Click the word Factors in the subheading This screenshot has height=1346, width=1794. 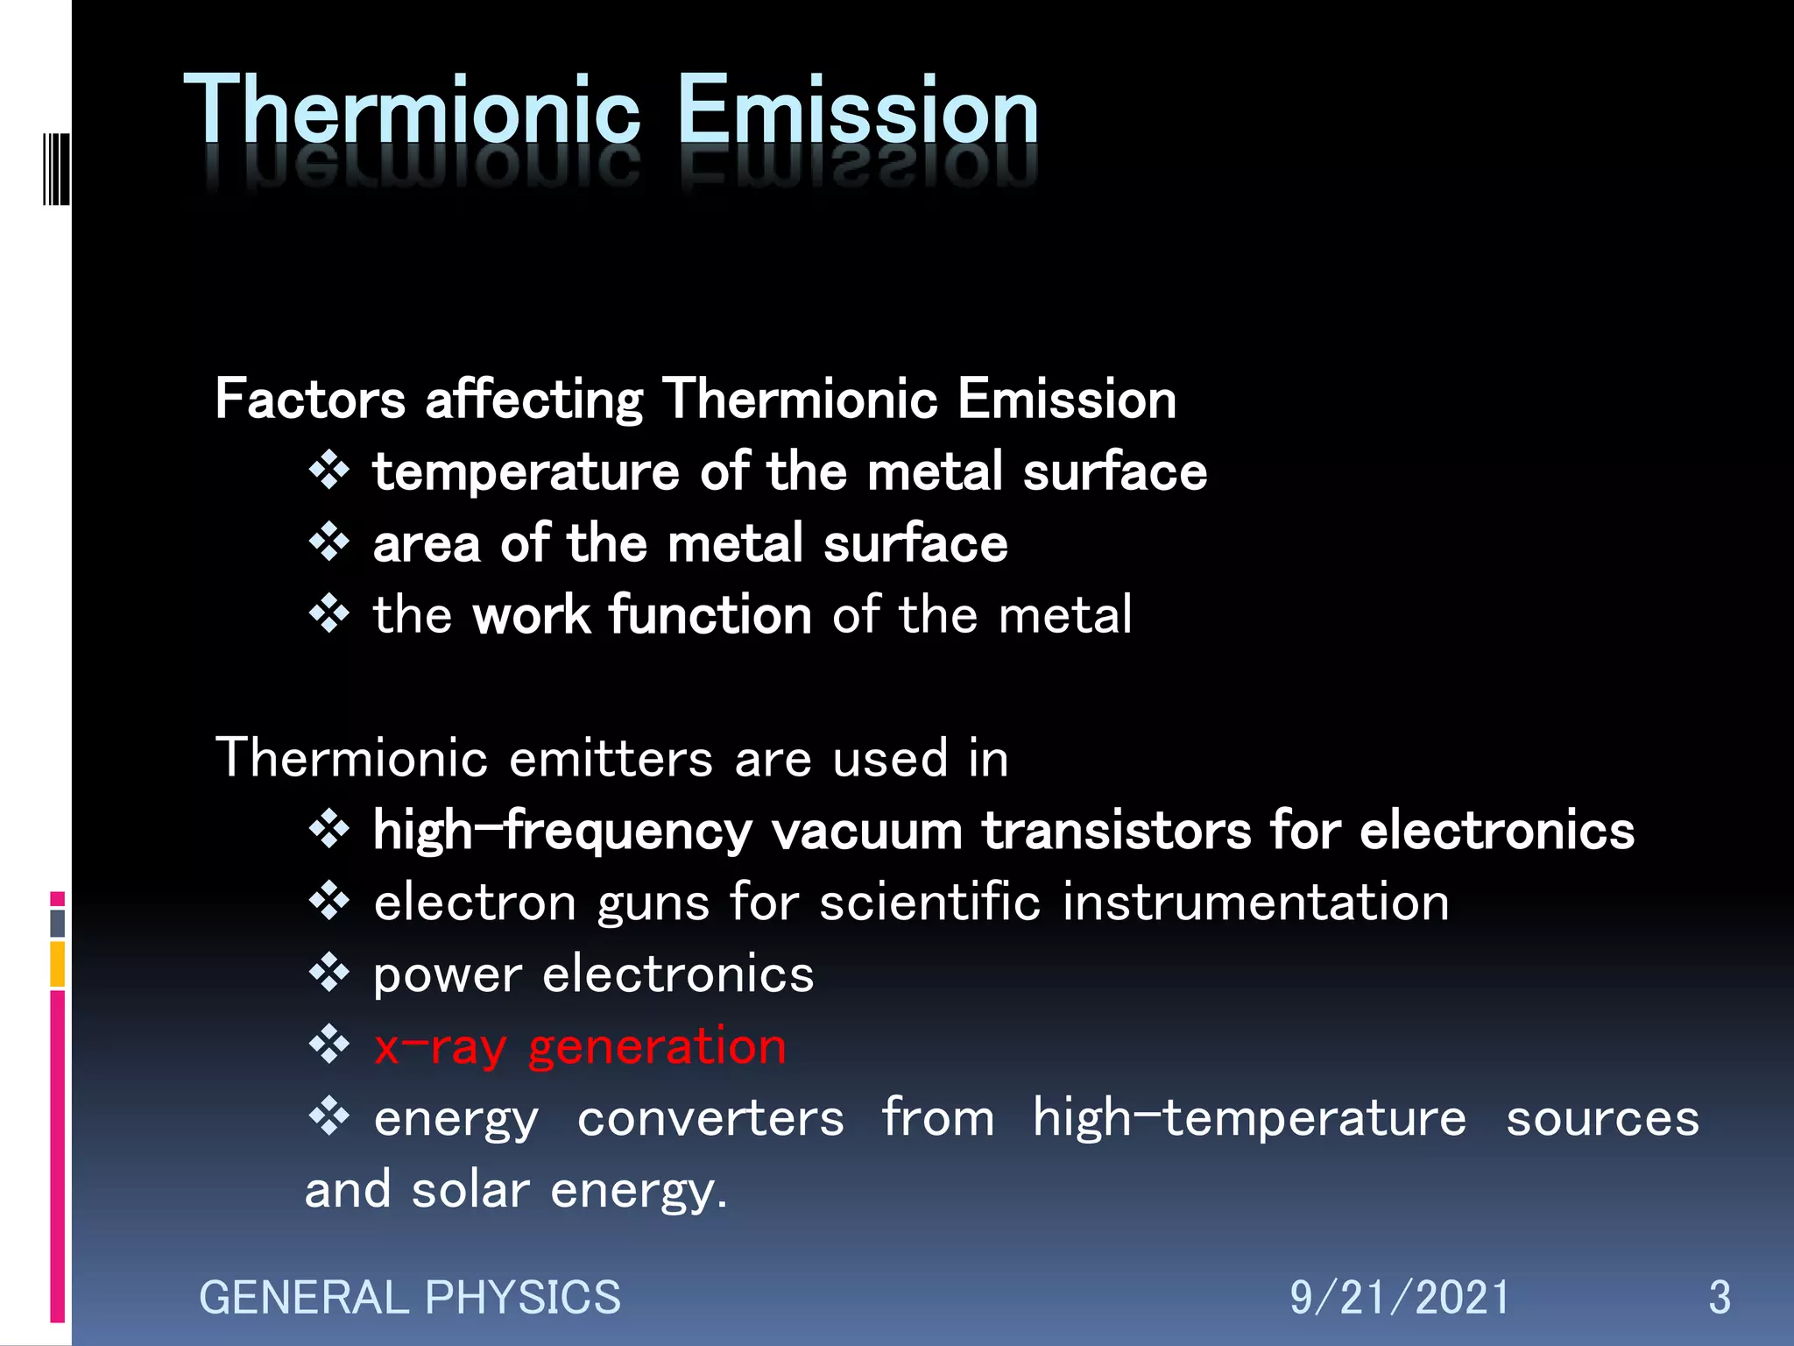click(310, 400)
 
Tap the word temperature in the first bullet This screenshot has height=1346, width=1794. click(526, 472)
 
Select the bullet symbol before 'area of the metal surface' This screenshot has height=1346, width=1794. click(329, 542)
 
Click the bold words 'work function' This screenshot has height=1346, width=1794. click(642, 615)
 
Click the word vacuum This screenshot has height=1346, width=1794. click(866, 831)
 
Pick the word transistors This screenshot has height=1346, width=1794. click(1116, 831)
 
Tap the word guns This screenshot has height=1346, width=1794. click(653, 903)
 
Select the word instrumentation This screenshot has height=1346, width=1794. click(1255, 903)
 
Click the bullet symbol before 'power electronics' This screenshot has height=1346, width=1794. click(329, 973)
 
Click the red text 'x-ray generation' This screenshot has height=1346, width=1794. click(580, 1046)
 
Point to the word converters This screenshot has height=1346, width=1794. click(710, 1118)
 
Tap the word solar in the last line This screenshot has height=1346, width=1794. click(470, 1191)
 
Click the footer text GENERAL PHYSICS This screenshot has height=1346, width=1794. click(409, 1298)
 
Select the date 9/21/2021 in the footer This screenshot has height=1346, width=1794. click(1399, 1298)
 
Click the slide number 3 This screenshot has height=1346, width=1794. click(1719, 1298)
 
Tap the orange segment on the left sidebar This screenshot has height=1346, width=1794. click(58, 964)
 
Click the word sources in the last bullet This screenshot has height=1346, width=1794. click(1602, 1118)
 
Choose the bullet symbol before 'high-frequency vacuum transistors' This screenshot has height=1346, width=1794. click(329, 829)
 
